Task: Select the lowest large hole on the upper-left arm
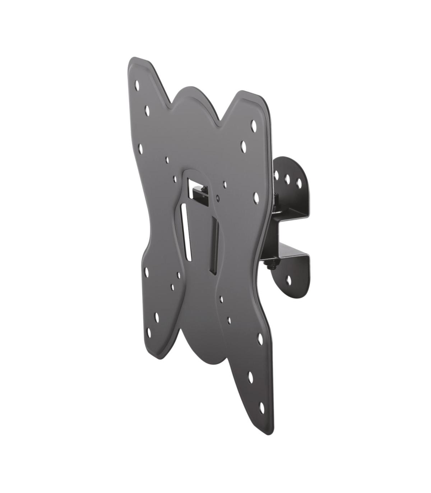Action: [x=140, y=148]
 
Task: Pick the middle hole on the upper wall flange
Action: [x=288, y=178]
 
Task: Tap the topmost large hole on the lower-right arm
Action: [x=260, y=338]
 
